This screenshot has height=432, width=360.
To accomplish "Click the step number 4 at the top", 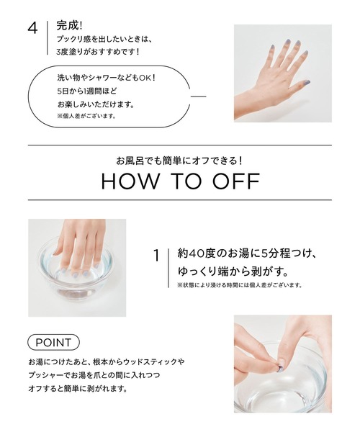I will (x=32, y=30).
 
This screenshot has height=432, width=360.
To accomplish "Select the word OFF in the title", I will (x=232, y=181).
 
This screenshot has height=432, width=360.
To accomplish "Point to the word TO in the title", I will (x=183, y=181).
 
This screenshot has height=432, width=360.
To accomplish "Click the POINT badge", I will (x=53, y=341).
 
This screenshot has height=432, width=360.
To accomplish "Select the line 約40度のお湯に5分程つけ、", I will (x=248, y=254).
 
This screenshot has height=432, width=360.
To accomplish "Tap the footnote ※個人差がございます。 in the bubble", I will (x=86, y=116).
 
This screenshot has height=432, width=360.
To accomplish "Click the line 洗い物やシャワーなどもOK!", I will (x=106, y=77).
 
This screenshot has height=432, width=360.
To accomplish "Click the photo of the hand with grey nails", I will (x=282, y=73).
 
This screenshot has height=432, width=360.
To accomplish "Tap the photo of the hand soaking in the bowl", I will (x=76, y=258).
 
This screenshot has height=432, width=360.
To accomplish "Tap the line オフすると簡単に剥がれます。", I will (x=78, y=388).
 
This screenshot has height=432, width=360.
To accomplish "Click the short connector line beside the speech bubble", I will (x=198, y=96).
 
